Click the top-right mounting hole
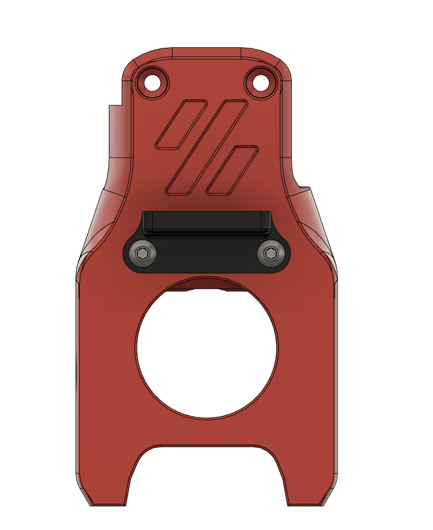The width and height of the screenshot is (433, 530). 261,83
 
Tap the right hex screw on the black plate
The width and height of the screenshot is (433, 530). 270,253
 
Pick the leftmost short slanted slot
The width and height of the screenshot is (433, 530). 181,124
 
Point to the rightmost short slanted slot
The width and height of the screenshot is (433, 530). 232,170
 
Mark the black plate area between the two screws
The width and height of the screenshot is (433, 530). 206,255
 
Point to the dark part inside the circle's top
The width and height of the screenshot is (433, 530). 206,284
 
